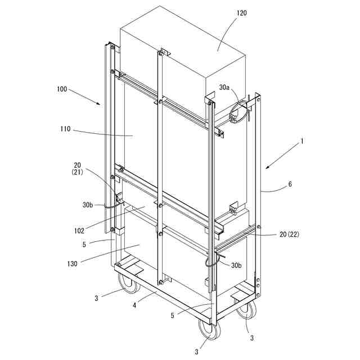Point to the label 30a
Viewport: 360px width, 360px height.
[x=225, y=87]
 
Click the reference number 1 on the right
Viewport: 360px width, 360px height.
[x=301, y=142]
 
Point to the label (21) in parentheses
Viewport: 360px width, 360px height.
[x=76, y=172]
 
